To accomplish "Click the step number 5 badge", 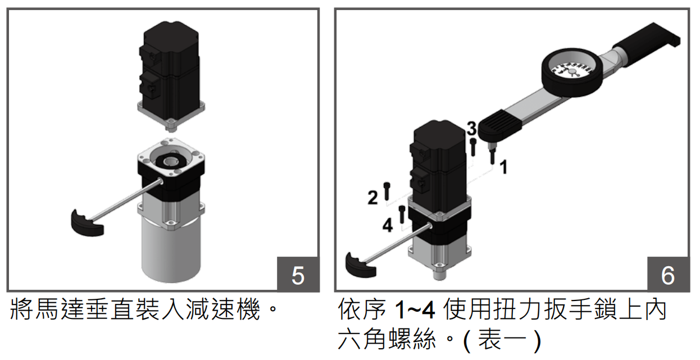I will tap(298, 275).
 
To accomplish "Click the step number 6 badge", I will tap(667, 275).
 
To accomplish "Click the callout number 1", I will tap(504, 167).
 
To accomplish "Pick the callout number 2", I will tap(372, 198).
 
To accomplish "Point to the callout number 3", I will tap(472, 129).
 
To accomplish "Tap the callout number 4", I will tap(388, 226).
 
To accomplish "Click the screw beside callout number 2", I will tap(386, 191).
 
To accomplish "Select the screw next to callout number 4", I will tap(402, 215).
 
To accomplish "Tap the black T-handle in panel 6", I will tap(360, 265).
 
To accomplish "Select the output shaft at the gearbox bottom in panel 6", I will tap(439, 274).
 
